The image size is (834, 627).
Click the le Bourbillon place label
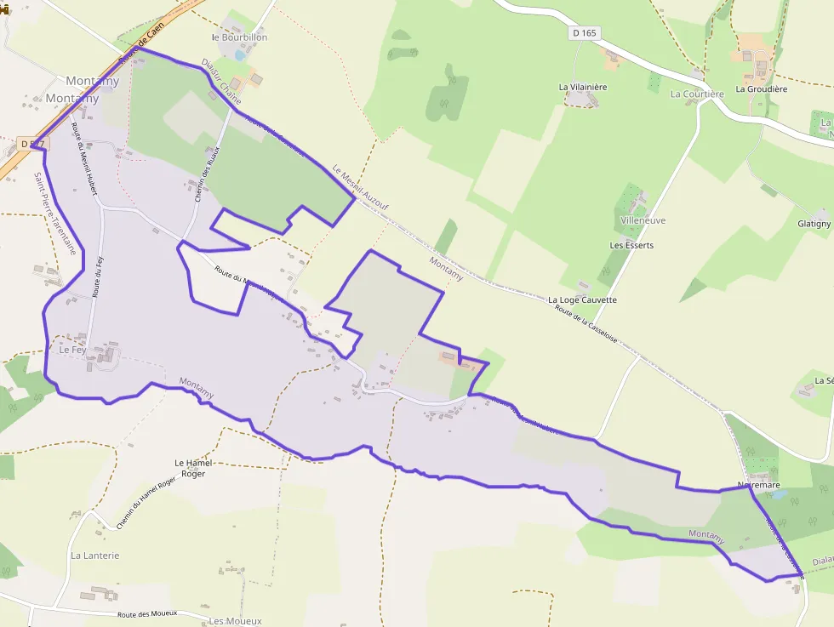(240, 37)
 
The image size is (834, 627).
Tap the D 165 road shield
(584, 32)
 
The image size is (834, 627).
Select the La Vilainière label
(583, 87)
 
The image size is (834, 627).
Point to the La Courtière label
(697, 94)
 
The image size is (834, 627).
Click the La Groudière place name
(762, 88)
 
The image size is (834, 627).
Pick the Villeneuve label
(643, 220)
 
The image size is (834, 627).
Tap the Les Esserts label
(631, 245)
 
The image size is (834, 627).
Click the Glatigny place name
(814, 224)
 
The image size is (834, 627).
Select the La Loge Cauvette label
(582, 300)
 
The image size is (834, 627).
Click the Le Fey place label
(72, 350)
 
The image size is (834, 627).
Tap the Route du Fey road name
(98, 275)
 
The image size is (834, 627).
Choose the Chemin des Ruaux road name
(207, 174)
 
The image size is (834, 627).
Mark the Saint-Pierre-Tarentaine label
(55, 214)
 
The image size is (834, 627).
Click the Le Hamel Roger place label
(192, 468)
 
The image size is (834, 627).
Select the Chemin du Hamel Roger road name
(146, 503)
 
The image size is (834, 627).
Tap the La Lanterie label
(95, 556)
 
